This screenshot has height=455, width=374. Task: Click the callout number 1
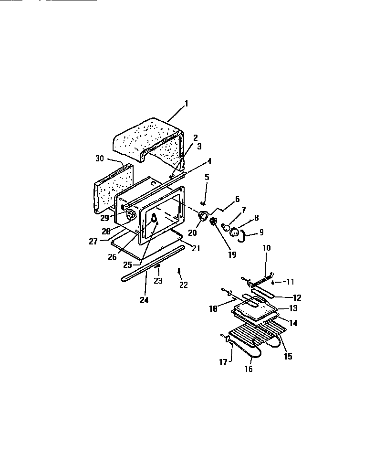tap(187, 103)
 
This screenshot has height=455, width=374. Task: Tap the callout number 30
tap(99, 159)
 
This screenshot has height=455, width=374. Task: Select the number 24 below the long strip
tap(144, 300)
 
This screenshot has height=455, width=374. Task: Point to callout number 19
tap(232, 254)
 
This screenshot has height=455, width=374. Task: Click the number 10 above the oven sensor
tap(266, 248)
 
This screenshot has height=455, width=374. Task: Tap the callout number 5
tap(207, 177)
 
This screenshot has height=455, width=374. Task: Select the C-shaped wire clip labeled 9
tap(244, 235)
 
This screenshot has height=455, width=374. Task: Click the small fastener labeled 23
tap(157, 266)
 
